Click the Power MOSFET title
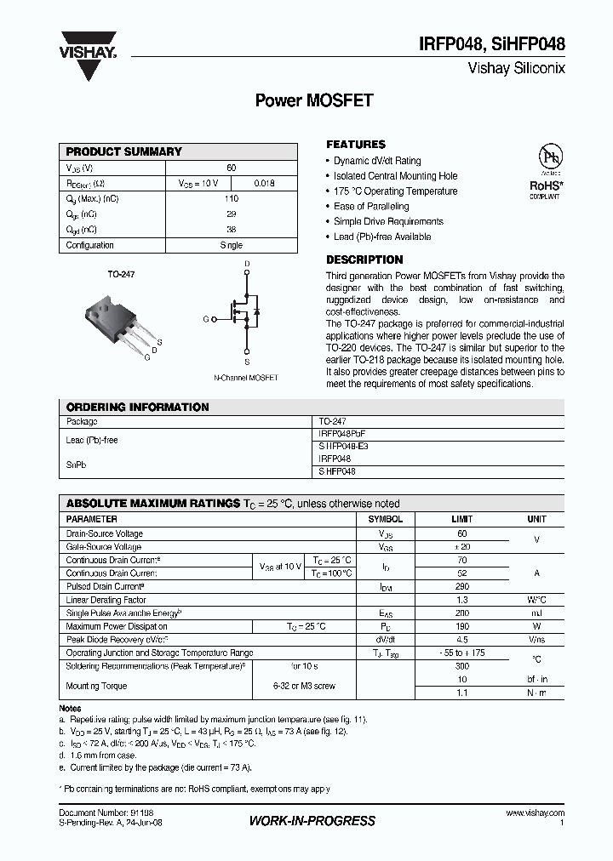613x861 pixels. pyautogui.click(x=314, y=100)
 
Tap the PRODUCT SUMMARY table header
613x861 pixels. pyautogui.click(x=124, y=151)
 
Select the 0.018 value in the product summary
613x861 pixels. pyautogui.click(x=265, y=183)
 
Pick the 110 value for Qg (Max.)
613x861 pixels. pyautogui.click(x=231, y=198)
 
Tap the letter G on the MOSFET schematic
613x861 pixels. pyautogui.click(x=205, y=319)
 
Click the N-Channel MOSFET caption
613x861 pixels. pyautogui.click(x=245, y=377)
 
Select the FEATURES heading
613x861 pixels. pyautogui.click(x=356, y=145)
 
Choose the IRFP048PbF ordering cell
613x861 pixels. pyautogui.click(x=342, y=434)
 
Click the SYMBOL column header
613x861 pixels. pyautogui.click(x=385, y=519)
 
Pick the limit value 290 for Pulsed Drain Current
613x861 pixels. pyautogui.click(x=462, y=587)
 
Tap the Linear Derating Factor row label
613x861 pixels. pyautogui.click(x=106, y=600)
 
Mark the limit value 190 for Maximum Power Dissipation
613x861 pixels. pyautogui.click(x=462, y=626)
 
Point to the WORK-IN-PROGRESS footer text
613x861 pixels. pyautogui.click(x=312, y=821)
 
